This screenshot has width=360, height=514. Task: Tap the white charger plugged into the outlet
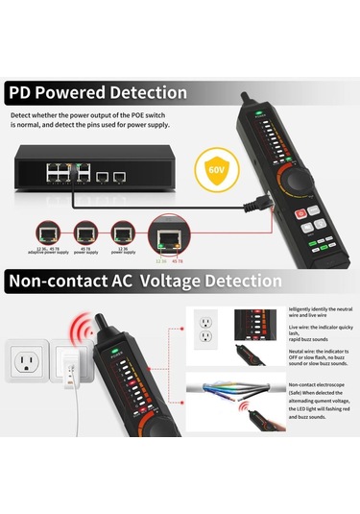click(69, 369)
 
